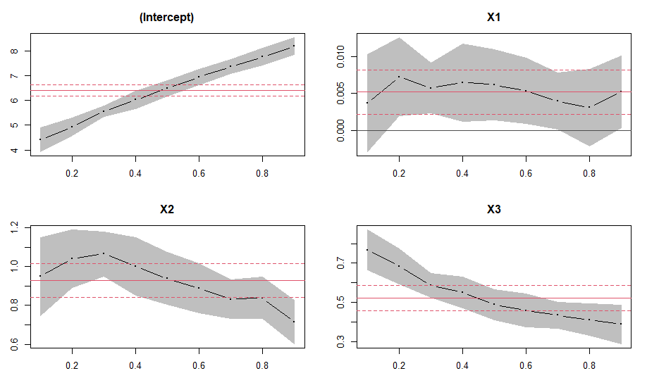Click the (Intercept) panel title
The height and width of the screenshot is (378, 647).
click(166, 18)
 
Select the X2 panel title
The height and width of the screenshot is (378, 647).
click(166, 210)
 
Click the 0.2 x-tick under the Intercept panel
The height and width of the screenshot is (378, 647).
click(72, 172)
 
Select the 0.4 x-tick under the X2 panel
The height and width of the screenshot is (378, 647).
click(135, 364)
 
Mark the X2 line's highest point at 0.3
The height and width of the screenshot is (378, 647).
click(103, 253)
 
